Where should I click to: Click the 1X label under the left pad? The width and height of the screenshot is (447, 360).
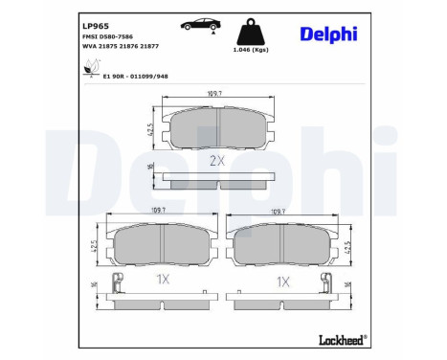162,281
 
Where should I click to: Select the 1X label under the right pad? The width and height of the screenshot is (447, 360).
282,281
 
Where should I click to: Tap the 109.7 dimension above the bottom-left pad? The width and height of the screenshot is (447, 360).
163,213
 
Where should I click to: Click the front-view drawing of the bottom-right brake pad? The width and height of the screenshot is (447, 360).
283,245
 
